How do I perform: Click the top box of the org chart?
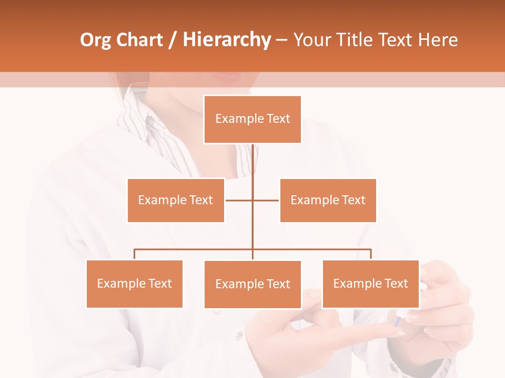[x=252, y=119]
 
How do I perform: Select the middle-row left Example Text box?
[x=176, y=200]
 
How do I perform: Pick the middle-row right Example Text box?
[x=328, y=200]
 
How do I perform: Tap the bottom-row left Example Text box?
[x=134, y=283]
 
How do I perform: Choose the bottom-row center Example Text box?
[x=252, y=284]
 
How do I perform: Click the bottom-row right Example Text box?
[x=370, y=283]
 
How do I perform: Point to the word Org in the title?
[x=95, y=40]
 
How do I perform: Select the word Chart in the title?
[x=139, y=40]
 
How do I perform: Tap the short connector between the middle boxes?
[x=266, y=200]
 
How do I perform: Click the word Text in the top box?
[x=278, y=119]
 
